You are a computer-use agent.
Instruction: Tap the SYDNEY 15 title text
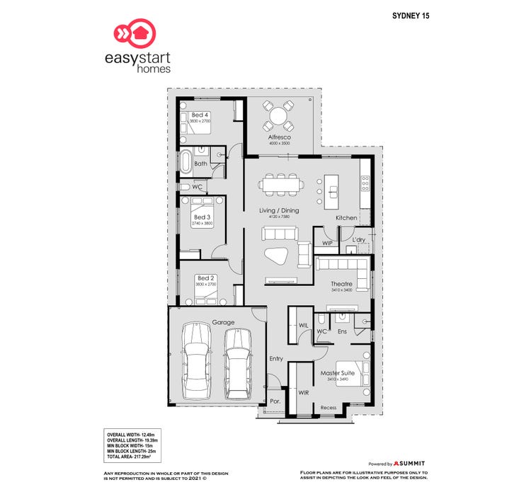point(411,14)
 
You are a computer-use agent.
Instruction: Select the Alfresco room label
point(279,137)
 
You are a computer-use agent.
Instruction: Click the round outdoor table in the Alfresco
point(279,113)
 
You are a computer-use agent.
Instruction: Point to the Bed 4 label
point(200,115)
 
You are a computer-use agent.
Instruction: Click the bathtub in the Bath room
point(185,162)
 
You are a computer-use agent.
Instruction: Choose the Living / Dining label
point(279,210)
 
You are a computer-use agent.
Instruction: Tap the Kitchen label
point(346,217)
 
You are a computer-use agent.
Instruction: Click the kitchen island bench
point(331,190)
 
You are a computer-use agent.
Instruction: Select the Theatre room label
point(341,284)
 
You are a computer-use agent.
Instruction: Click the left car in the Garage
point(195,361)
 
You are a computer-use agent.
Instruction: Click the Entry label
point(276,359)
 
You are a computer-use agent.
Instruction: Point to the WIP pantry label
point(327,243)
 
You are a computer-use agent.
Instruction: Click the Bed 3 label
point(202,217)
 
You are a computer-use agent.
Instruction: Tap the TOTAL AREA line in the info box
point(132,457)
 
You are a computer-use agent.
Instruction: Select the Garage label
point(222,322)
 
